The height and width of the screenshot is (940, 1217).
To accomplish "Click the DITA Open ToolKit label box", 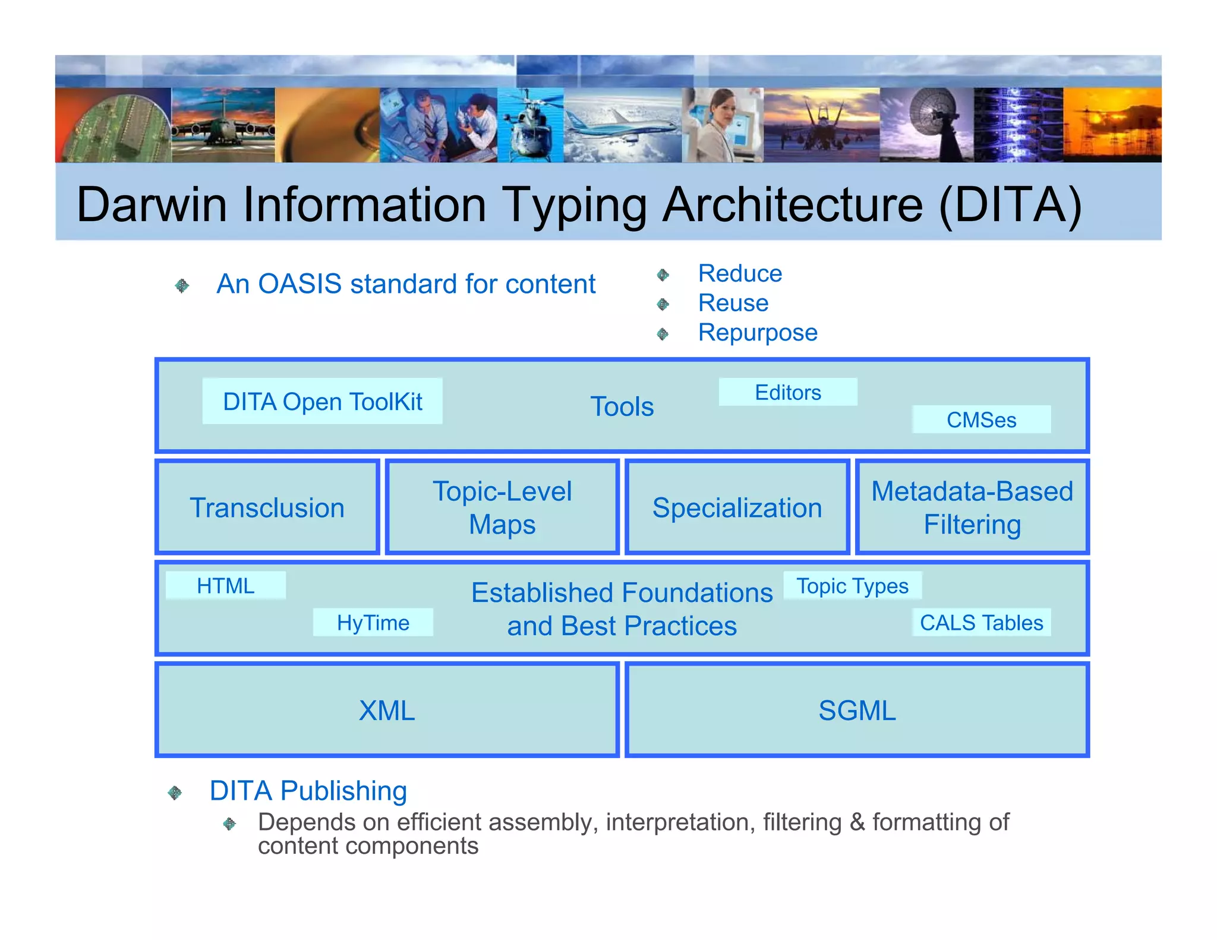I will coord(322,402).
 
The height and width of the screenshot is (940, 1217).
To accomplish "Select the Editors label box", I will coord(787,393).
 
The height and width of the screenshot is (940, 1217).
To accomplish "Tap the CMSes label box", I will coord(981,419).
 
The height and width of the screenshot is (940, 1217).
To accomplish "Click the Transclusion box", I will coord(267,507).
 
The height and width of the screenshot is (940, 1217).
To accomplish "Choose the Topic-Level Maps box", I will coord(502,507).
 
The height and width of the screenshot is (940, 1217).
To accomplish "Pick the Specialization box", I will coord(737,507).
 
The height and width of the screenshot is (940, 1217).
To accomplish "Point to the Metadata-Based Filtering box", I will coord(972,507).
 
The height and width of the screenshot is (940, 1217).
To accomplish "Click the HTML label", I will coord(225,586).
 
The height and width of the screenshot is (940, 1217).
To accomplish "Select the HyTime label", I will coord(373,623).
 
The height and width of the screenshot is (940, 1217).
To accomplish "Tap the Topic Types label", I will coord(852,586).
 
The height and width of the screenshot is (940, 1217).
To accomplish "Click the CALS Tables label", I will coord(981,623).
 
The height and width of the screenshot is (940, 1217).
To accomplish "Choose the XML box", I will coord(387,710).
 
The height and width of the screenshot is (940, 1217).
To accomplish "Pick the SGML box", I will coord(856,710).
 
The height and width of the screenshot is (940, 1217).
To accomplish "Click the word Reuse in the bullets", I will coord(733,303).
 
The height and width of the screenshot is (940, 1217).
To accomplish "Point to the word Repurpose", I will coord(757,333).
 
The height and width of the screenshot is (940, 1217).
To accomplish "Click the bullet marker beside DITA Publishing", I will coord(175,793).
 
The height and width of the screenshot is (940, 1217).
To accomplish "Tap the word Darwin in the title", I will coord(152,205).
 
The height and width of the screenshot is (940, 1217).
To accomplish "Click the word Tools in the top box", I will coord(622,407).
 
